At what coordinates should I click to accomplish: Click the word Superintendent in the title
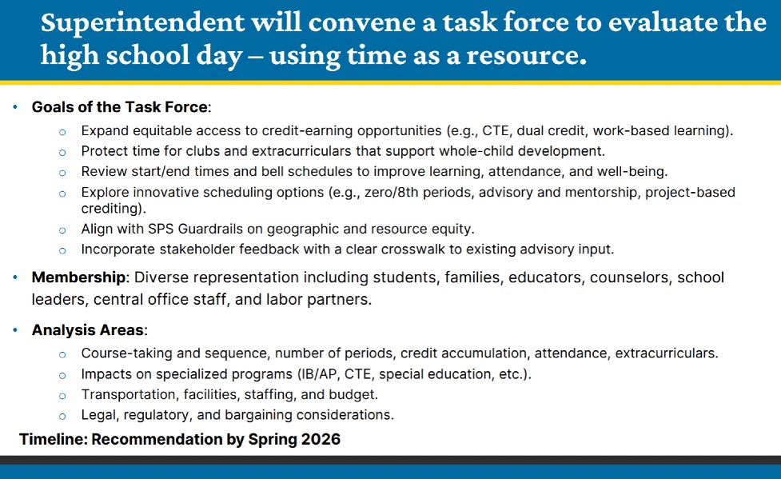pyautogui.click(x=143, y=22)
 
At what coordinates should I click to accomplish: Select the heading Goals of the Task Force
pyautogui.click(x=120, y=107)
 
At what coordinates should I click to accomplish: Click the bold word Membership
pyautogui.click(x=78, y=277)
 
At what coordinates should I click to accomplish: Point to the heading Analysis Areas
pyautogui.click(x=88, y=330)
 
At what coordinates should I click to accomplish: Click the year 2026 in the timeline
pyautogui.click(x=321, y=439)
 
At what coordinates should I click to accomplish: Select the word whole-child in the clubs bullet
pyautogui.click(x=476, y=151)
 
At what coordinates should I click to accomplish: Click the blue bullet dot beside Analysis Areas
pyautogui.click(x=15, y=330)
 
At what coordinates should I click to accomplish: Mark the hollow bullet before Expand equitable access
pyautogui.click(x=62, y=132)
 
